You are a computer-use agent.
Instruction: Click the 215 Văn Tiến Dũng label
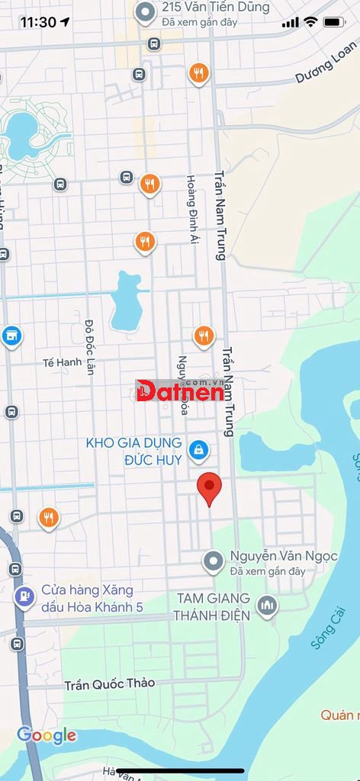[x=216, y=8]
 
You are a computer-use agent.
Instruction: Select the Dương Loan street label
[x=326, y=66]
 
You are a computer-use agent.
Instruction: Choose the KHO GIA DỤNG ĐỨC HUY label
[x=133, y=452]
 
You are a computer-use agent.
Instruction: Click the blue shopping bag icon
[x=198, y=450]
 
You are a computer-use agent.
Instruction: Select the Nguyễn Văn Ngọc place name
[x=284, y=556]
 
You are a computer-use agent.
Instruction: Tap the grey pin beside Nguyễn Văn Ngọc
[x=213, y=562]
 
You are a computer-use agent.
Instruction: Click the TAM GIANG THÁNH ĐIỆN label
[x=214, y=606]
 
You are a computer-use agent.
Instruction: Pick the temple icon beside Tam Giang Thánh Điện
[x=266, y=606]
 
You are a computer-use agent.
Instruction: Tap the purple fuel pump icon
[x=24, y=596]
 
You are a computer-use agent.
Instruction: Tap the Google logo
[x=47, y=735]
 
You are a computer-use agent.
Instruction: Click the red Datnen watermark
[x=180, y=391]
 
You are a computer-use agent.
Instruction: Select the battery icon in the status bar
[x=334, y=22]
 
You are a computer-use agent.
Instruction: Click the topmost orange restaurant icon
[x=198, y=73]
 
